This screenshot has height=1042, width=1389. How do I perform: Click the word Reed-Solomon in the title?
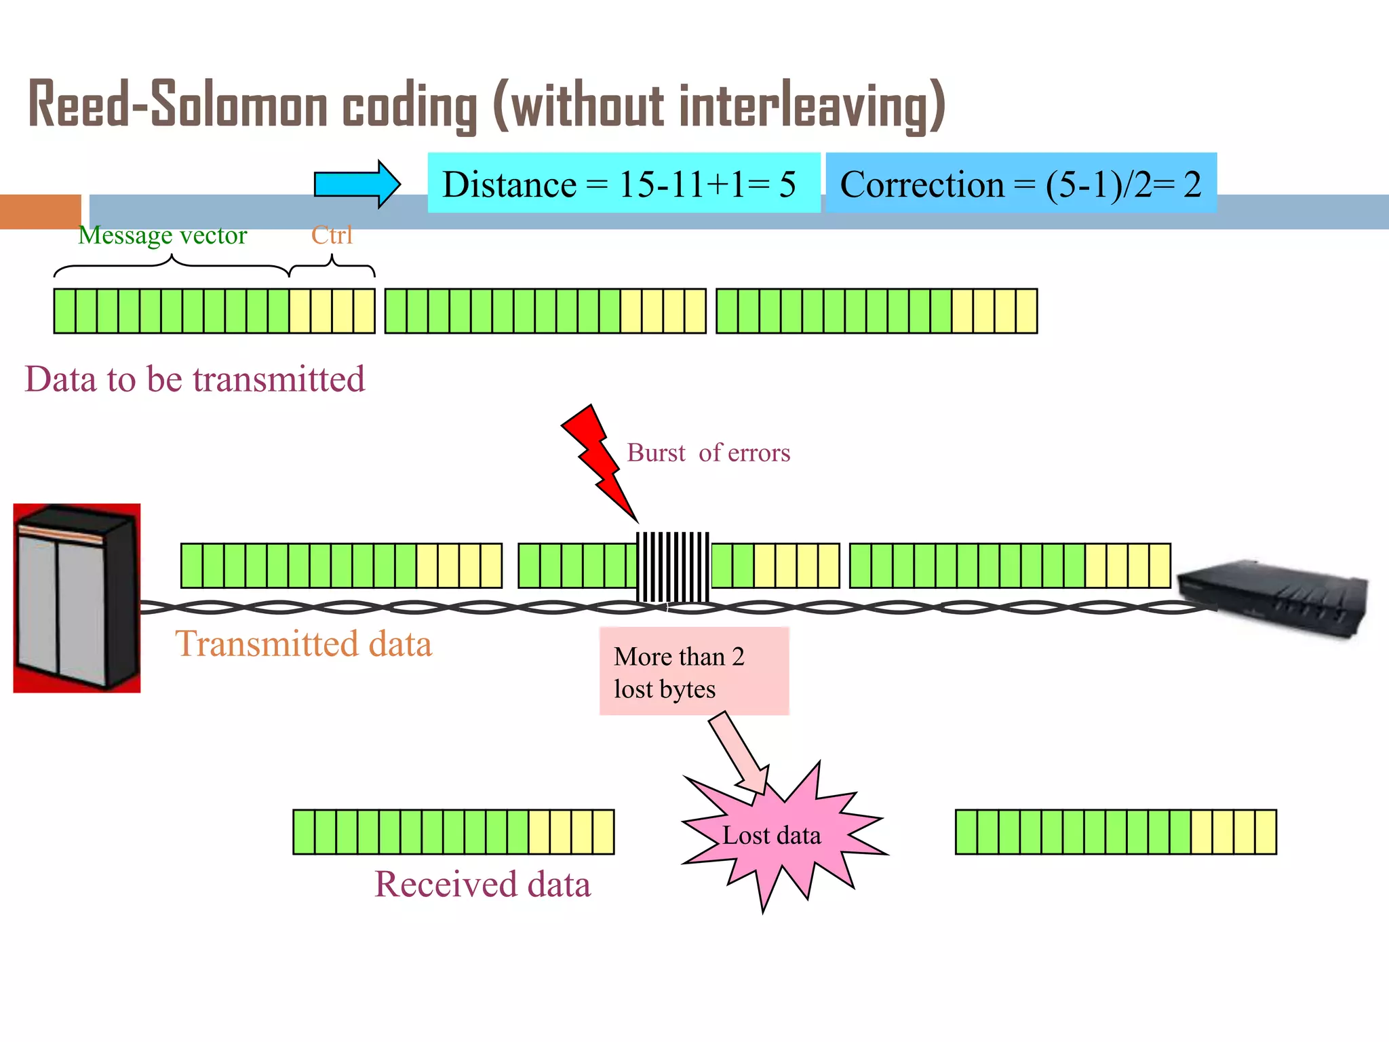pyautogui.click(x=178, y=105)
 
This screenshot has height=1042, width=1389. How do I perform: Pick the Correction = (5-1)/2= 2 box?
pyautogui.click(x=1021, y=184)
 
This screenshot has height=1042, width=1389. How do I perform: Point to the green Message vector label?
pyautogui.click(x=163, y=235)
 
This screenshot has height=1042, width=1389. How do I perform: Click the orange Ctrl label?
pyautogui.click(x=332, y=235)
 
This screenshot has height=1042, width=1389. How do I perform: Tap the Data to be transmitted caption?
pyautogui.click(x=195, y=379)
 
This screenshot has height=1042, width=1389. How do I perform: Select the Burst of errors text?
pyautogui.click(x=708, y=452)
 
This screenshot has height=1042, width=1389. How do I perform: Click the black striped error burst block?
pyautogui.click(x=673, y=567)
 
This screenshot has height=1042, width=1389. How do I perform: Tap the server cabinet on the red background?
pyautogui.click(x=77, y=598)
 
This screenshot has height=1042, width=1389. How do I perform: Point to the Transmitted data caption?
pyautogui.click(x=303, y=644)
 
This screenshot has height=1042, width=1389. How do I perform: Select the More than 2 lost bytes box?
pyautogui.click(x=694, y=671)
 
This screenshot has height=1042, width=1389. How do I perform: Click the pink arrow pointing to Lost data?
pyautogui.click(x=740, y=754)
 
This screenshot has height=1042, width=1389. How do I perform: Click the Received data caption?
pyautogui.click(x=482, y=885)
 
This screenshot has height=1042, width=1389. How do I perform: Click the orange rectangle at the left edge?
pyautogui.click(x=40, y=212)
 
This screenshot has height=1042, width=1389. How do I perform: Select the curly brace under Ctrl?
pyautogui.click(x=332, y=267)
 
